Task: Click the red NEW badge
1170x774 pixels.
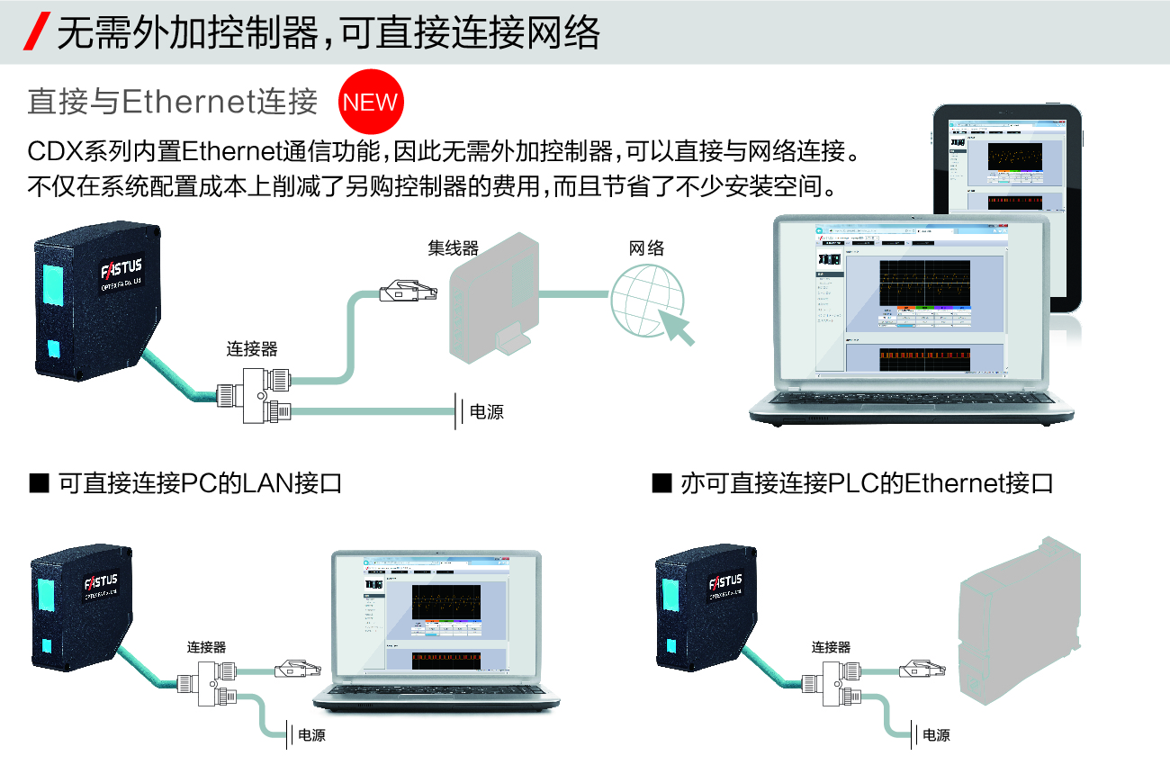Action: pyautogui.click(x=371, y=103)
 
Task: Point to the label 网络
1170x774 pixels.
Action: pyautogui.click(x=646, y=248)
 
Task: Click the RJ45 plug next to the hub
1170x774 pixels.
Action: pyautogui.click(x=407, y=292)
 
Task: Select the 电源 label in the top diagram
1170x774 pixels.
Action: pyautogui.click(x=487, y=412)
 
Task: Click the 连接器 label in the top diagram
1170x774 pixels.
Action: pyautogui.click(x=251, y=349)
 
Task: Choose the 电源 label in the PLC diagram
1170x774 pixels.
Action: pyautogui.click(x=936, y=734)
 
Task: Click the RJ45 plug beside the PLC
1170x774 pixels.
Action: pyautogui.click(x=922, y=669)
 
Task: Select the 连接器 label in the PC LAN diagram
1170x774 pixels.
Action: pyautogui.click(x=206, y=646)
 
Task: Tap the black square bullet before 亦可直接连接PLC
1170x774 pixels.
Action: pyautogui.click(x=661, y=484)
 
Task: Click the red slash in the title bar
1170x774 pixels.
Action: pyautogui.click(x=39, y=32)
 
